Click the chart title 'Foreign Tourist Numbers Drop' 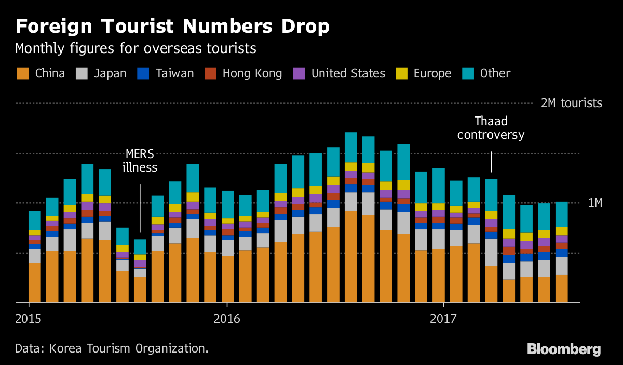172,27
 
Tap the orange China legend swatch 22,73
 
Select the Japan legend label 110,73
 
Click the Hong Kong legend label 252,73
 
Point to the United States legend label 348,73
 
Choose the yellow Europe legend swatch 401,73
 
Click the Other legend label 495,73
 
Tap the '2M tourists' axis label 571,103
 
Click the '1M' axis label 594,203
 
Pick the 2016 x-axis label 227,318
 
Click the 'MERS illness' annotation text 140,161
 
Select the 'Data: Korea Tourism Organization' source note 112,348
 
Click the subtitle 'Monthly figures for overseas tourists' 136,49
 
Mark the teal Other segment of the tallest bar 351,147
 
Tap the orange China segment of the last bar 561,288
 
